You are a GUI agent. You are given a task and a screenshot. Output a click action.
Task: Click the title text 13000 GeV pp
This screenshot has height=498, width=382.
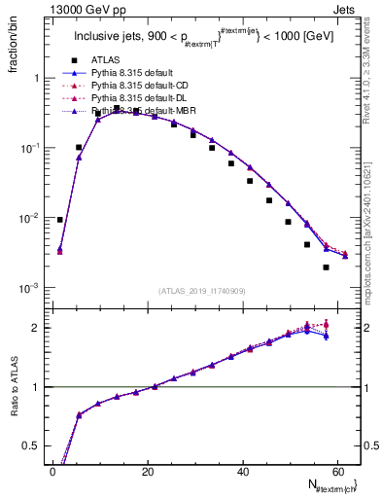[x=77, y=9]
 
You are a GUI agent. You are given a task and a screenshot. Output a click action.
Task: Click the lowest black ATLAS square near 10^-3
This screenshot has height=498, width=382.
[x=326, y=267]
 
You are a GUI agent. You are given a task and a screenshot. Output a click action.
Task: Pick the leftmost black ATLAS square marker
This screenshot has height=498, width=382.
[x=60, y=220]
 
